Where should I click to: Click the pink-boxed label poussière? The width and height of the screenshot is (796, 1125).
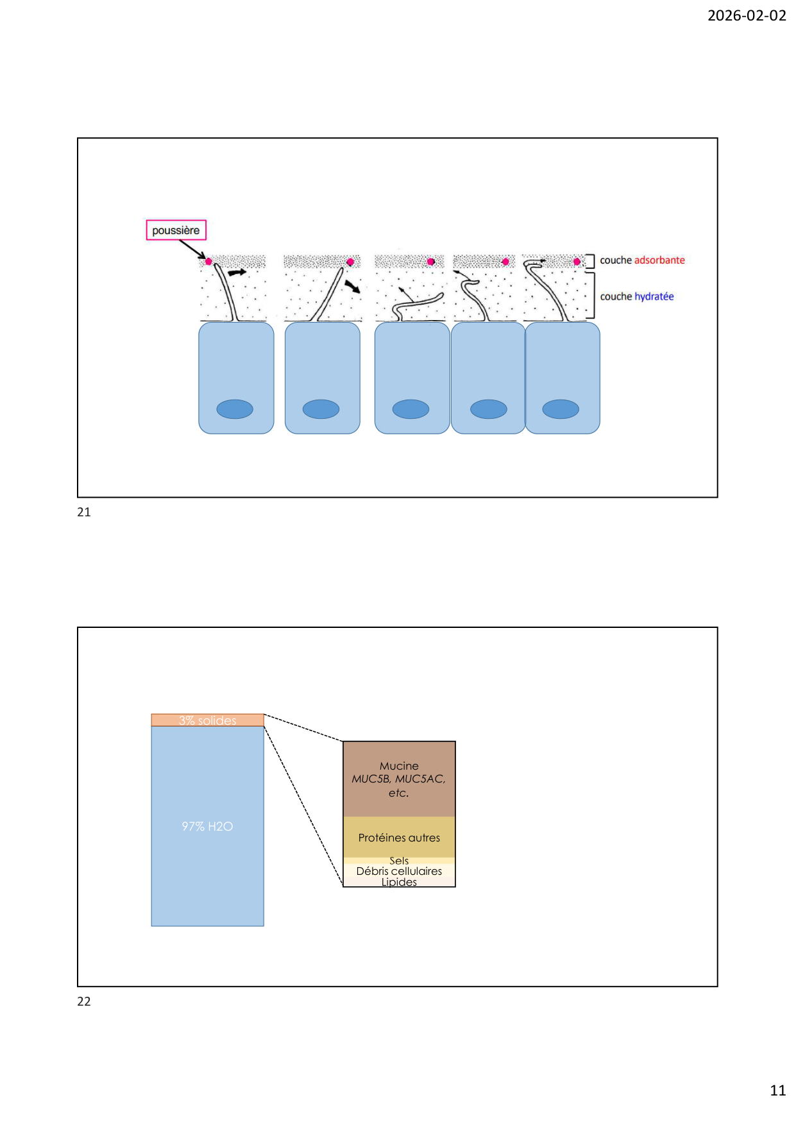[176, 230]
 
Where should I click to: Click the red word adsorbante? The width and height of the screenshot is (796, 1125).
[659, 260]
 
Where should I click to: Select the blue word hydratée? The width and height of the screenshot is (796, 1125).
[654, 296]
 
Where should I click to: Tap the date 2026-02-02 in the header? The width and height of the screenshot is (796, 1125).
[747, 15]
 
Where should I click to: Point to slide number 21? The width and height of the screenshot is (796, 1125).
[84, 512]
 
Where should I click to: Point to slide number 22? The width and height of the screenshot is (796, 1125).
[84, 1002]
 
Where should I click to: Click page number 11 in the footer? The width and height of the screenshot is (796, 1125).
[777, 1090]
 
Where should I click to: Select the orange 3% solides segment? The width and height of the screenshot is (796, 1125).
[207, 720]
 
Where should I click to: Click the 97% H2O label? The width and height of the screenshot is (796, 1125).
[207, 826]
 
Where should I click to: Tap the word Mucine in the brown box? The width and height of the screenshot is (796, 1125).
[399, 766]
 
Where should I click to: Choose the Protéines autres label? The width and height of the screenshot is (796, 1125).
[399, 838]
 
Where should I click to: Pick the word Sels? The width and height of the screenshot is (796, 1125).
[399, 861]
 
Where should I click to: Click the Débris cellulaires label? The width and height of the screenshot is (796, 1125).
[399, 871]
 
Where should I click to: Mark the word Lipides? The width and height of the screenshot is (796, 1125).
[399, 882]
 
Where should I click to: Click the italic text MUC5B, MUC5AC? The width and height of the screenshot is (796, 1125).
[398, 779]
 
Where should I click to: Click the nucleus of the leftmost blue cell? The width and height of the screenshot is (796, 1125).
[235, 409]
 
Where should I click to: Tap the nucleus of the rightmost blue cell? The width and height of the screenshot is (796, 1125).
[561, 409]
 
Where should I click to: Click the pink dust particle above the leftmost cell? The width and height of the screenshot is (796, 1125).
[208, 262]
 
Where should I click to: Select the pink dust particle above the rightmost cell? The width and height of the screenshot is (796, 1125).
[577, 262]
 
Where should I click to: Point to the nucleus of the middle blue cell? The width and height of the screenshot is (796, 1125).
[411, 409]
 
